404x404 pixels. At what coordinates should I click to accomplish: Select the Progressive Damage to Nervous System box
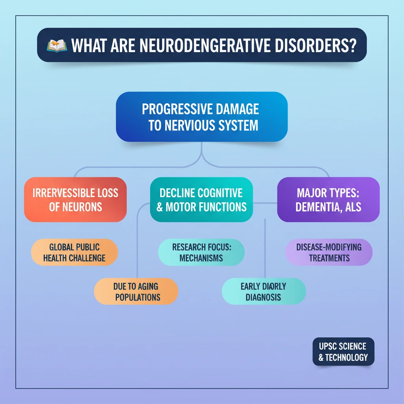coord(202,117)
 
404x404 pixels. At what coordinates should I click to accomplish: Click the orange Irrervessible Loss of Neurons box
coord(75,199)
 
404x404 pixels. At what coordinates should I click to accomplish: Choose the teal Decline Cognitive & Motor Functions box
coord(201,199)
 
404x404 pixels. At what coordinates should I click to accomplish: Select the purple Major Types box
coord(328,199)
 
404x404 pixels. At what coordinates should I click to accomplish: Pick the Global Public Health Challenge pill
coord(75,252)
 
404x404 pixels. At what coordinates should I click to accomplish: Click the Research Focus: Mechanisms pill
coord(201,252)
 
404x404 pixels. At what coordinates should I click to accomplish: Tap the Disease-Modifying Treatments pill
coord(329,252)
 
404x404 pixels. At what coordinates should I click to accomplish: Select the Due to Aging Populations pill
coord(136,291)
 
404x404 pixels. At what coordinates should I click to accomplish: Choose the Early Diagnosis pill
coord(264,291)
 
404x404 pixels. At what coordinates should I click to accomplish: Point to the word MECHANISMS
coord(201,258)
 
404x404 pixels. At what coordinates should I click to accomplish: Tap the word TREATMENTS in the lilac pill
coord(329,258)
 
